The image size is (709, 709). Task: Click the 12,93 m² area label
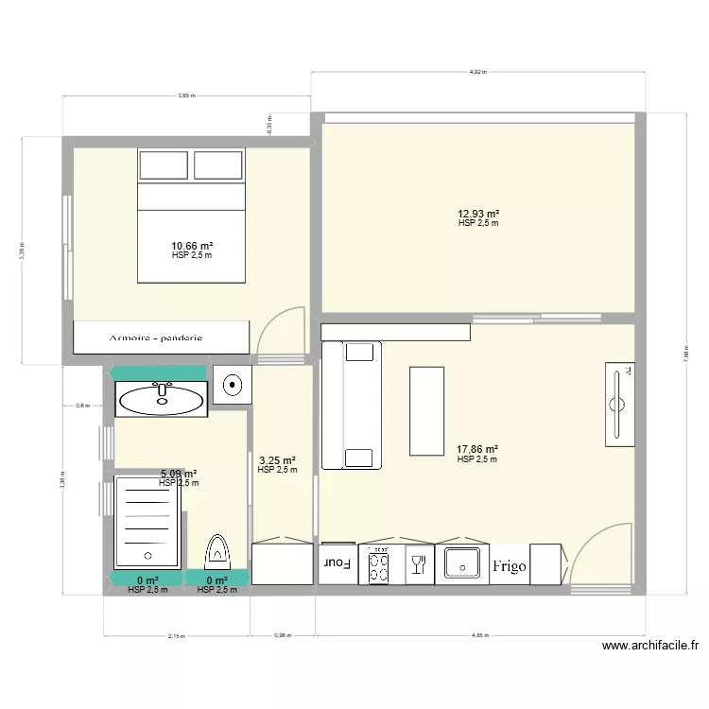478,215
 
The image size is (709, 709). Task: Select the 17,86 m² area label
477,451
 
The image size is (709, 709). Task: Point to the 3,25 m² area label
277,460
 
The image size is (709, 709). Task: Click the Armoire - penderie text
155,337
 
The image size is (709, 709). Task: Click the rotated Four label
337,563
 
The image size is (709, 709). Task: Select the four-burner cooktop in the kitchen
380,566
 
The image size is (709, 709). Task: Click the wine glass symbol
416,565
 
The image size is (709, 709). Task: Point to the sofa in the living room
352,406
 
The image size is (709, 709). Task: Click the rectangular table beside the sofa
426,411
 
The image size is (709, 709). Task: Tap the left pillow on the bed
164,165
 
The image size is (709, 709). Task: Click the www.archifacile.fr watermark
649,647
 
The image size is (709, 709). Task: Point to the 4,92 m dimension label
476,72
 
